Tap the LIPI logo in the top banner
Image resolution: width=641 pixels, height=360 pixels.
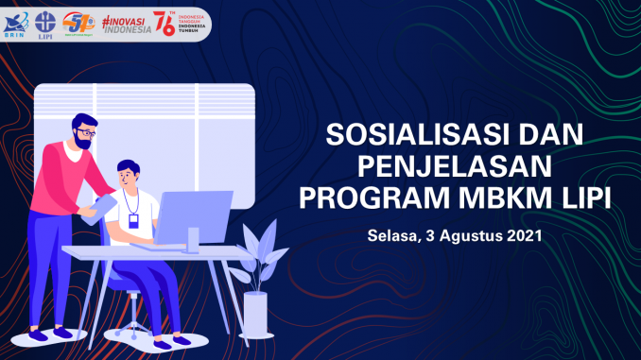pyautogui.click(x=44, y=22)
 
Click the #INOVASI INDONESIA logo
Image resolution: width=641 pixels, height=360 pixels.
pyautogui.click(x=125, y=22)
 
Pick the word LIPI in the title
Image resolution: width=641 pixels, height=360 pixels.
pyautogui.click(x=577, y=199)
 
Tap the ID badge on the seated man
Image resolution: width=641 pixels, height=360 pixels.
pyautogui.click(x=134, y=220)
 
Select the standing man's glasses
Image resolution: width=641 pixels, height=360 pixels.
pyautogui.click(x=85, y=134)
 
